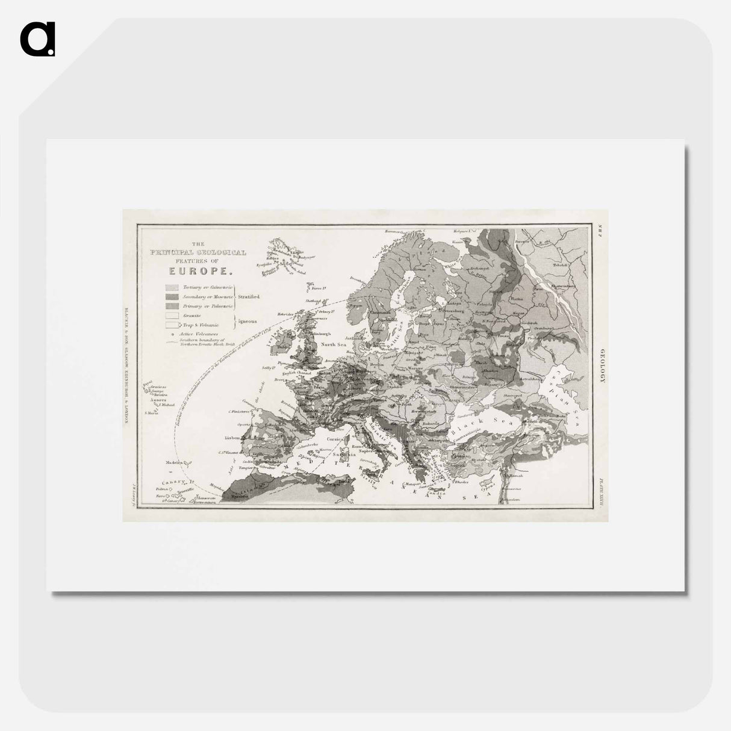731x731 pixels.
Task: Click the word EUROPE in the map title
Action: pyautogui.click(x=192, y=270)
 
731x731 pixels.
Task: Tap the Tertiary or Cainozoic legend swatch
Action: pyautogui.click(x=173, y=288)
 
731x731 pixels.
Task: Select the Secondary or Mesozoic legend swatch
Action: pyautogui.click(x=173, y=297)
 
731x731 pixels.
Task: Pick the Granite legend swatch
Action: pyautogui.click(x=173, y=316)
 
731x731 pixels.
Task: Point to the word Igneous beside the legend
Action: pyautogui.click(x=246, y=321)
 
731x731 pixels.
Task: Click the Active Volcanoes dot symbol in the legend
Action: pyautogui.click(x=173, y=333)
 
